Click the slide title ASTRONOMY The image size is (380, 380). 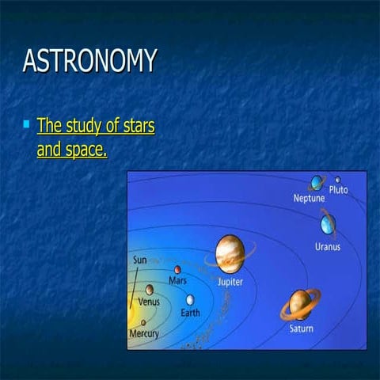tap(89, 61)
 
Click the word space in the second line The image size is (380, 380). tap(85, 148)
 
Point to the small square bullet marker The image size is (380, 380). tap(27, 124)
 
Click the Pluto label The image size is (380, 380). tap(338, 190)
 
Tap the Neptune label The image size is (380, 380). tap(309, 199)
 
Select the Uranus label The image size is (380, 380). tap(328, 246)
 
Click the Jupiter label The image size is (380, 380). tap(230, 281)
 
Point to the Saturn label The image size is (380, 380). tap(301, 328)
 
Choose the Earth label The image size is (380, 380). tap(190, 312)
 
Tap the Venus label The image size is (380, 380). tap(149, 302)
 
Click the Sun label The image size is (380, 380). tap(139, 260)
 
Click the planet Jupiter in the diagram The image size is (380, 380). tap(229, 253)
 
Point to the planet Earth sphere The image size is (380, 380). tap(190, 299)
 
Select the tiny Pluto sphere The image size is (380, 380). tap(338, 180)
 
